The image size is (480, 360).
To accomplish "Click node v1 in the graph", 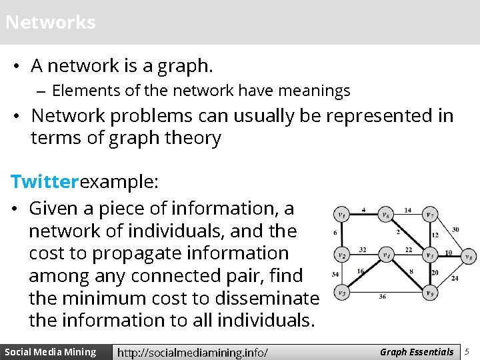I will (x=341, y=215).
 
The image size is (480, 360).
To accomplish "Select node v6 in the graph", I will (x=385, y=215).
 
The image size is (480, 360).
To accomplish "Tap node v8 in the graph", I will (x=469, y=256).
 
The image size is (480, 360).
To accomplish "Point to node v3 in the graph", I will (x=341, y=293).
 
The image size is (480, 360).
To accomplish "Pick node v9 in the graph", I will (x=431, y=292).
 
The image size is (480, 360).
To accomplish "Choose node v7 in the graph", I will (x=431, y=215).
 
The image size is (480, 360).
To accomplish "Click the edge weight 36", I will (x=383, y=297).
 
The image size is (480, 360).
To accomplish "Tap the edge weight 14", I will (x=408, y=211).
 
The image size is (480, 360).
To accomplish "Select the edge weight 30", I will (x=455, y=230).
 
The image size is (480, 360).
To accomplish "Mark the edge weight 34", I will (x=335, y=274).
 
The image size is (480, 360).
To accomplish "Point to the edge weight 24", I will (x=455, y=278).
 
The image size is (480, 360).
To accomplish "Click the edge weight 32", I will (x=363, y=250).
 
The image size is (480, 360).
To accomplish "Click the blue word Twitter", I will (x=45, y=181).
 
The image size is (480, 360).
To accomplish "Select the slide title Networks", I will (x=51, y=22).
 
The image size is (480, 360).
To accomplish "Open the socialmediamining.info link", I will (x=193, y=352).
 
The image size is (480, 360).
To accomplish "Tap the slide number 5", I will (x=467, y=351).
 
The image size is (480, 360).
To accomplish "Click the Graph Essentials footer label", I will (x=417, y=352).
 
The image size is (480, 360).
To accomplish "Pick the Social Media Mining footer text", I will (x=51, y=352).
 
